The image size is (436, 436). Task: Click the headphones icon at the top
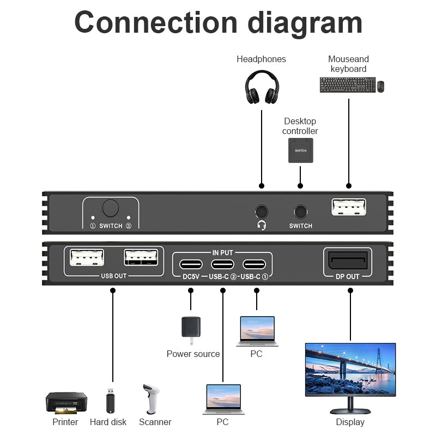pos(262,87)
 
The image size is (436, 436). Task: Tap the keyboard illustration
pos(347,84)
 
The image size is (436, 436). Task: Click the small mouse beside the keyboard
pos(380,86)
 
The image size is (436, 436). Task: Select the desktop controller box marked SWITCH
pos(301,150)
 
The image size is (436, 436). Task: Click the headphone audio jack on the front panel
pos(262,211)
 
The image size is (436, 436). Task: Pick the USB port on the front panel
pos(349,207)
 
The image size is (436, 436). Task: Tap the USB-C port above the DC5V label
pos(190,264)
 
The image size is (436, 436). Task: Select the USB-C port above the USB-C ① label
pos(254,264)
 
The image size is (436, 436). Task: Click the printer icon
pos(66,403)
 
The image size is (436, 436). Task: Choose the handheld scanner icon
pos(150,399)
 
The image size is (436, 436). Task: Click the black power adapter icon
pos(191,329)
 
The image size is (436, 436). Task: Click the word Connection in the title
pos(156,23)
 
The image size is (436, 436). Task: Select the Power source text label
pos(193,354)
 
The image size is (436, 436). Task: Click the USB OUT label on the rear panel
pos(113,276)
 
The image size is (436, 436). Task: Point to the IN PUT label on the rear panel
pos(222,252)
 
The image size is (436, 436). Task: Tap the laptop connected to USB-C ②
pos(222,399)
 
